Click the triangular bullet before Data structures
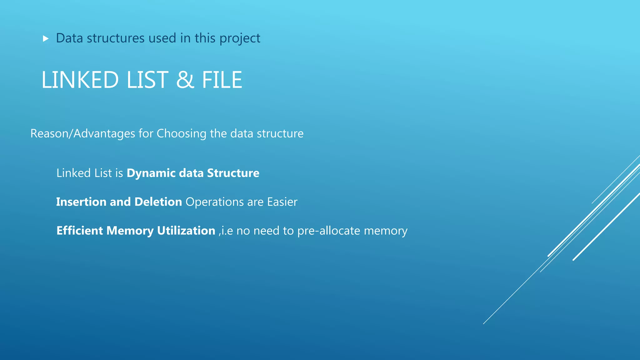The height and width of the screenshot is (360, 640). coord(46,39)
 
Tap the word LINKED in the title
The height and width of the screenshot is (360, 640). coord(80,80)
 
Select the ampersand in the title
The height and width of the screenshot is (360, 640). coord(185,80)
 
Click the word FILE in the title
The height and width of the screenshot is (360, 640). coord(222,80)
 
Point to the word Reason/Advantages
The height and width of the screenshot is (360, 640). coord(83,134)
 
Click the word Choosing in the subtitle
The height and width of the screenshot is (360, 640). coord(182,134)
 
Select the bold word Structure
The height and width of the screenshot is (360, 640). coord(233,173)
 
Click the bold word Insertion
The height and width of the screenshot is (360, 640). coord(81,202)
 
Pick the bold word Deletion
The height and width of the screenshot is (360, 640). coord(158,202)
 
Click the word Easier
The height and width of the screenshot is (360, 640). coord(282,202)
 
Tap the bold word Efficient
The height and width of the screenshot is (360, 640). coord(80,231)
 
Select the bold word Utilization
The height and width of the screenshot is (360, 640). coord(186,231)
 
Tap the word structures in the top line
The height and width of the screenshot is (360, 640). coord(116,38)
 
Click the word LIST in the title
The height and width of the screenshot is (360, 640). coord(147,80)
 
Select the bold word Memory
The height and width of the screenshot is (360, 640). coord(130,231)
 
